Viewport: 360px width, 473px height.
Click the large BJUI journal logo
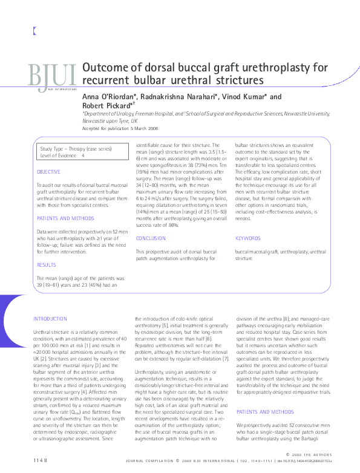(x=51, y=76)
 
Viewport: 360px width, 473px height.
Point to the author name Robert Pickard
(x=105, y=105)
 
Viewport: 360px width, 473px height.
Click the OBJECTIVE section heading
(x=48, y=172)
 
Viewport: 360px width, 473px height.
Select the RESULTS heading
(x=47, y=264)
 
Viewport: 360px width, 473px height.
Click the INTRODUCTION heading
(x=51, y=318)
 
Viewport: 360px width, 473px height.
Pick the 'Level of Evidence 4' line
(x=62, y=155)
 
